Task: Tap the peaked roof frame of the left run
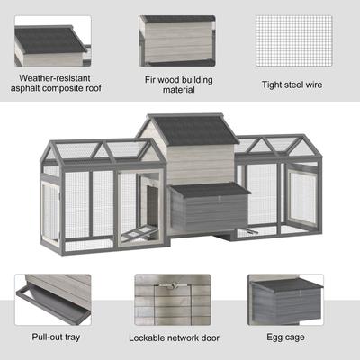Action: (x=94, y=148)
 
